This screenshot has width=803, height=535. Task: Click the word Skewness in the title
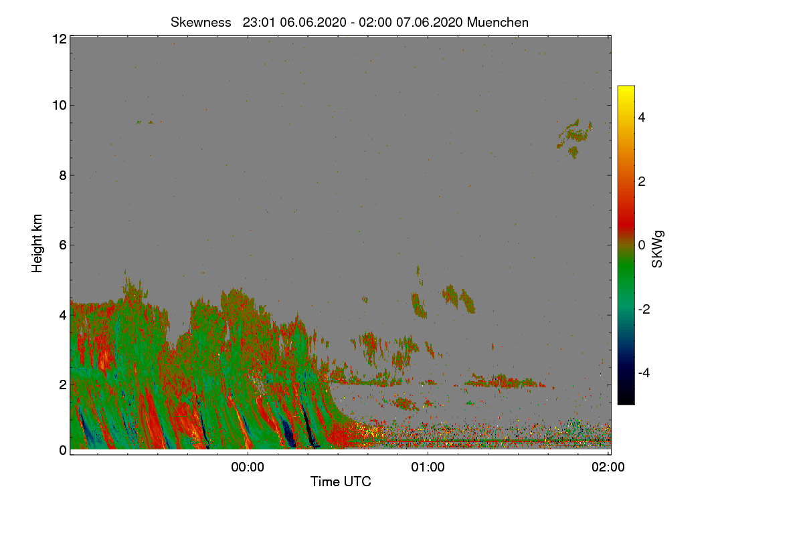click(201, 22)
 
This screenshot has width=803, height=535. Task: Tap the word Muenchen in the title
click(498, 22)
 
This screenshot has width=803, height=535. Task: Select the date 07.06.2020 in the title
click(429, 22)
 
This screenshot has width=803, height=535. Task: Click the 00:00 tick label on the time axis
click(248, 467)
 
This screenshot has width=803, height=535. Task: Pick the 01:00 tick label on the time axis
click(428, 467)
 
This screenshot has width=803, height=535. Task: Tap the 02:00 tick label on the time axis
click(608, 467)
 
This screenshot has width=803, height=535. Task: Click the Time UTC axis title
click(341, 481)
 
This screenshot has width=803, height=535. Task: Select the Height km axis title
click(37, 243)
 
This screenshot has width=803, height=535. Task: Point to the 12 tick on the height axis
click(58, 39)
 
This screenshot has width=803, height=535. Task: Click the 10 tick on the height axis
click(58, 105)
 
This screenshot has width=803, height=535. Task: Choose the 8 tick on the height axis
click(61, 175)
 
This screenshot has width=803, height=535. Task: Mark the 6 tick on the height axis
click(61, 245)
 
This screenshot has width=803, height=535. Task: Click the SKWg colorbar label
click(658, 249)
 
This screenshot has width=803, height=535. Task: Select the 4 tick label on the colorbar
click(641, 117)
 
